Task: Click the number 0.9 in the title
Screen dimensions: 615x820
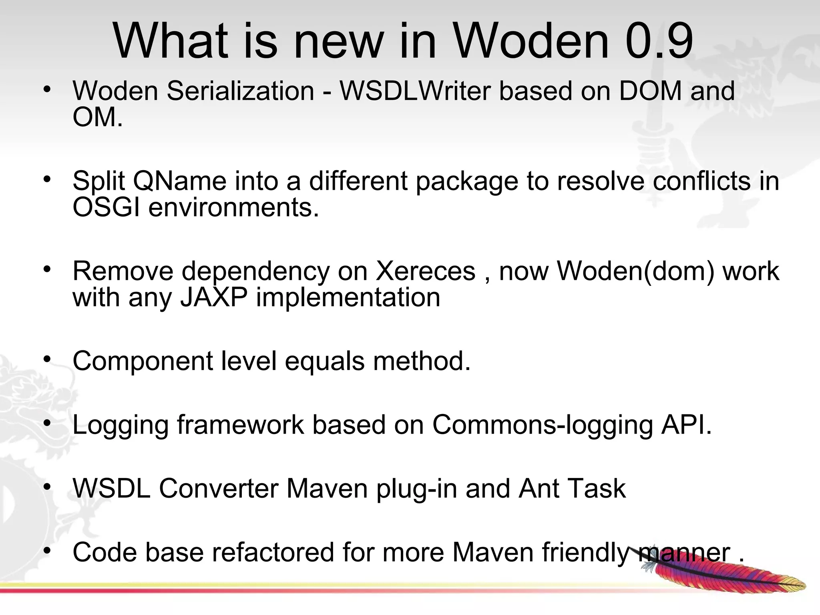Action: [x=659, y=41]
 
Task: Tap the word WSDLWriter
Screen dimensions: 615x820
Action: [x=414, y=91]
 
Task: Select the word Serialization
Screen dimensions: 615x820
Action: [x=240, y=91]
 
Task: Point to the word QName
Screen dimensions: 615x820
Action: [x=179, y=181]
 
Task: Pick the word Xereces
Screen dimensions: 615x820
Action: [x=425, y=271]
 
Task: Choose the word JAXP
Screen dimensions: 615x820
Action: [x=214, y=297]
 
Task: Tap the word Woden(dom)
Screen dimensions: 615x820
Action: [x=635, y=271]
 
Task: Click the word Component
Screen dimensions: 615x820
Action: [x=143, y=361]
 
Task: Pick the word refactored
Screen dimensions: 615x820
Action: [x=273, y=552]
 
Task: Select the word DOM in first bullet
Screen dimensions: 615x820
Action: [x=650, y=91]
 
